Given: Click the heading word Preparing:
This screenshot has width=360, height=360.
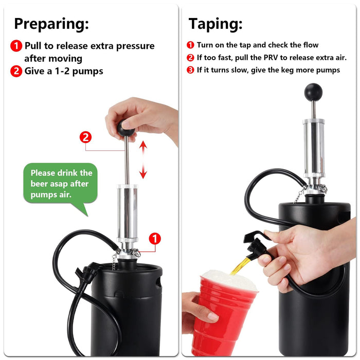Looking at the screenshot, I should (51, 24).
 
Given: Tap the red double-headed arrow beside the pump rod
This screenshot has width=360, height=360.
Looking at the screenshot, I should (143, 160).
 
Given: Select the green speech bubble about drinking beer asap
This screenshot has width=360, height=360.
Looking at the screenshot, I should (61, 183).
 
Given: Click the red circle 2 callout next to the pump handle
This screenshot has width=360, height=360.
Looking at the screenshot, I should (86, 137).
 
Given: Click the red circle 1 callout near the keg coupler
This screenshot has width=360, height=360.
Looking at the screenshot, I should (155, 239).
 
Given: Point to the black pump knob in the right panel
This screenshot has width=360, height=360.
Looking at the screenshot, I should (313, 92).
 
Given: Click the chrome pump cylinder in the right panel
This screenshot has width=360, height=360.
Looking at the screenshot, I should (313, 141).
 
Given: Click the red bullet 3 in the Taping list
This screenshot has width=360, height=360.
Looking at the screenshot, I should (190, 70).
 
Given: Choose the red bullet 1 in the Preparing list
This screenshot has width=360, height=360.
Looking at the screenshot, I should (16, 46).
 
